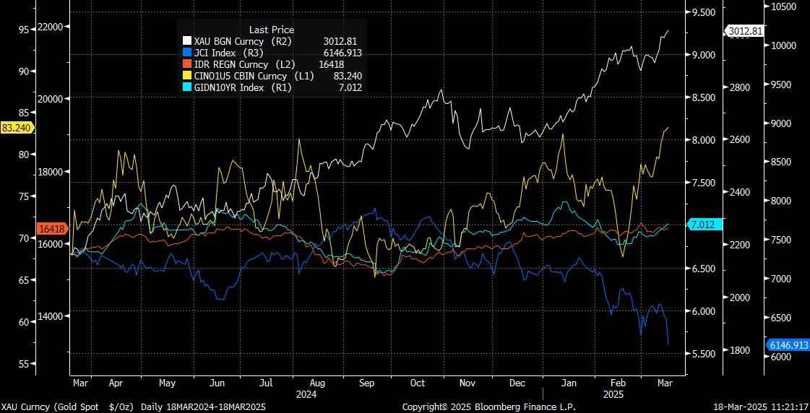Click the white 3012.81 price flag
745,31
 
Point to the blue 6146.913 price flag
788,345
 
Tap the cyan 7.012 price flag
702,225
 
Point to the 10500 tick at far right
783,6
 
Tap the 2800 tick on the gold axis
738,87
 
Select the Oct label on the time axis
417,383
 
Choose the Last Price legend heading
272,30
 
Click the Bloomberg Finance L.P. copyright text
488,407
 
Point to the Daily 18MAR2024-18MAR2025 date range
203,407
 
